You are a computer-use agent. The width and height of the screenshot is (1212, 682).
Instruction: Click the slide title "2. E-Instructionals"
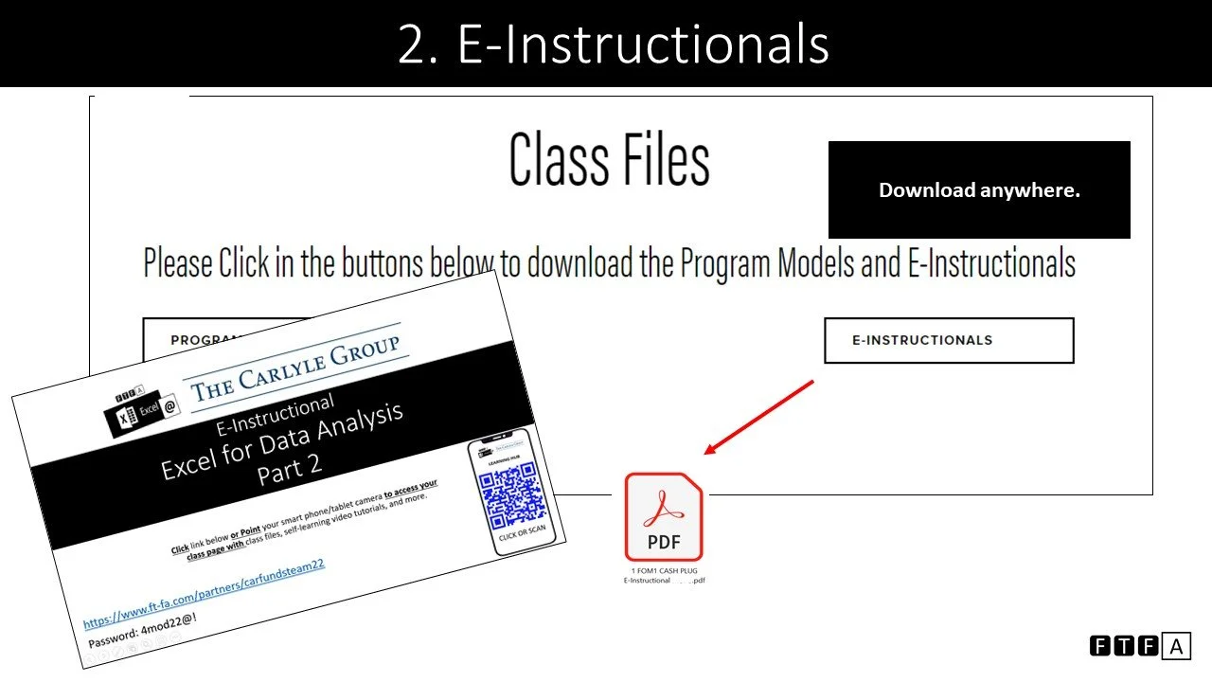[613, 44]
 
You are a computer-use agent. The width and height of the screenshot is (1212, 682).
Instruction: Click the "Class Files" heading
[609, 159]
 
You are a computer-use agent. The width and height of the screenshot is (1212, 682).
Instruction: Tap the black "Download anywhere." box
[979, 189]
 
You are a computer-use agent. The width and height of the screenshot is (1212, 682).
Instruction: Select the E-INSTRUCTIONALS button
[949, 340]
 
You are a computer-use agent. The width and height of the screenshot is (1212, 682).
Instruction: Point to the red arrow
[757, 418]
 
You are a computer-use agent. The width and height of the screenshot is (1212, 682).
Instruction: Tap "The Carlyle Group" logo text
[295, 370]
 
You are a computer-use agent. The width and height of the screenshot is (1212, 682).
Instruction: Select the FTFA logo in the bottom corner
[1140, 646]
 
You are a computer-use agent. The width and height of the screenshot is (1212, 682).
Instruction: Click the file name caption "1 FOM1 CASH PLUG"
[664, 572]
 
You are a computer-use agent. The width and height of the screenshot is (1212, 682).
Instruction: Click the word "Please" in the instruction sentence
[178, 262]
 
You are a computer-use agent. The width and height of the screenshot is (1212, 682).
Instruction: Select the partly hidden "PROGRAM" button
[206, 339]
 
